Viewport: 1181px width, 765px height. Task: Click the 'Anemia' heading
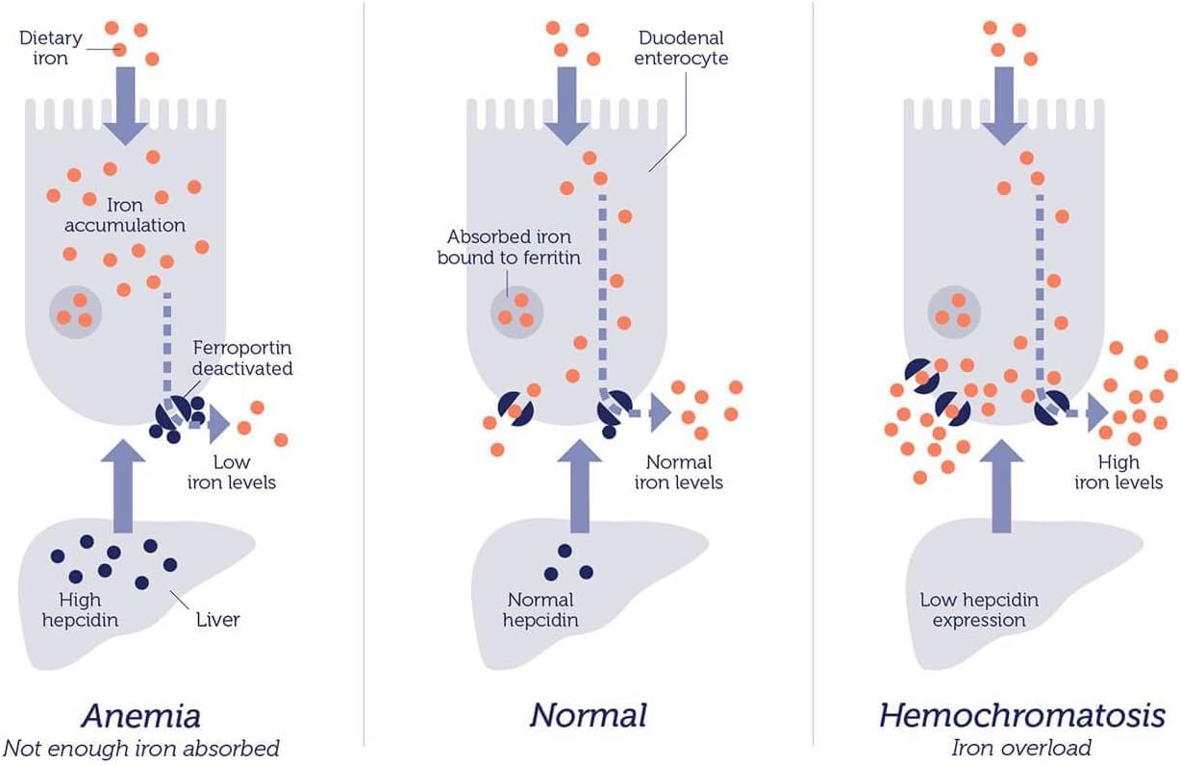tap(140, 716)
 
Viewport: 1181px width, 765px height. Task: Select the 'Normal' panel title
tap(588, 716)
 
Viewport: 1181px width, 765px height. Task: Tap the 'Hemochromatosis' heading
tap(1021, 716)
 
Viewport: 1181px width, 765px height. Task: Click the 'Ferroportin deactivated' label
tap(241, 357)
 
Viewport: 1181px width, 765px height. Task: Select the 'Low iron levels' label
tap(244, 472)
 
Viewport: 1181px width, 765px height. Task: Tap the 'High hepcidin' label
tap(80, 610)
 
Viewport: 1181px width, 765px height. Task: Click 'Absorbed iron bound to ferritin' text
tap(509, 247)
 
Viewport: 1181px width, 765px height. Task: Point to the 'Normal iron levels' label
tap(679, 472)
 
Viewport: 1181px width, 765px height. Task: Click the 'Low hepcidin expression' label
tap(978, 610)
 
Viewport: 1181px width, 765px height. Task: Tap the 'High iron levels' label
tap(1118, 472)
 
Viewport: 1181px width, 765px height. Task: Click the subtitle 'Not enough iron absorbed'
tap(140, 748)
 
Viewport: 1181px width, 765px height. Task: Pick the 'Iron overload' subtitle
tap(1021, 748)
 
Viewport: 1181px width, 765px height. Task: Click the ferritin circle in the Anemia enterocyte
tap(75, 311)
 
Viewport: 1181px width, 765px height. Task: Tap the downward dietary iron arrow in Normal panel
tap(566, 104)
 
